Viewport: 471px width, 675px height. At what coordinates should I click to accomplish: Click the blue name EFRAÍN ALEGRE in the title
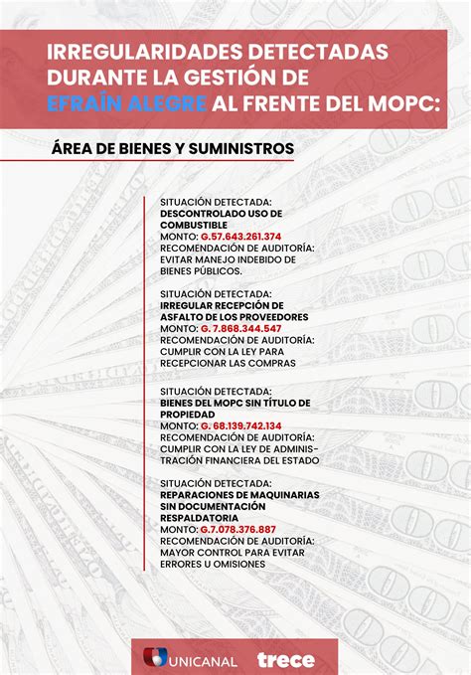(x=128, y=104)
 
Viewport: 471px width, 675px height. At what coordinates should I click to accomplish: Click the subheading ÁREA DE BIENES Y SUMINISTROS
(x=174, y=148)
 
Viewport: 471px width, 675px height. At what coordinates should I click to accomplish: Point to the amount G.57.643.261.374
(x=241, y=237)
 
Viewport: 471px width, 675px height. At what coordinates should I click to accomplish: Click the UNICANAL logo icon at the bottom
(x=155, y=659)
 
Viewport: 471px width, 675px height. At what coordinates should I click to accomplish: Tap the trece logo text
(x=285, y=659)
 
